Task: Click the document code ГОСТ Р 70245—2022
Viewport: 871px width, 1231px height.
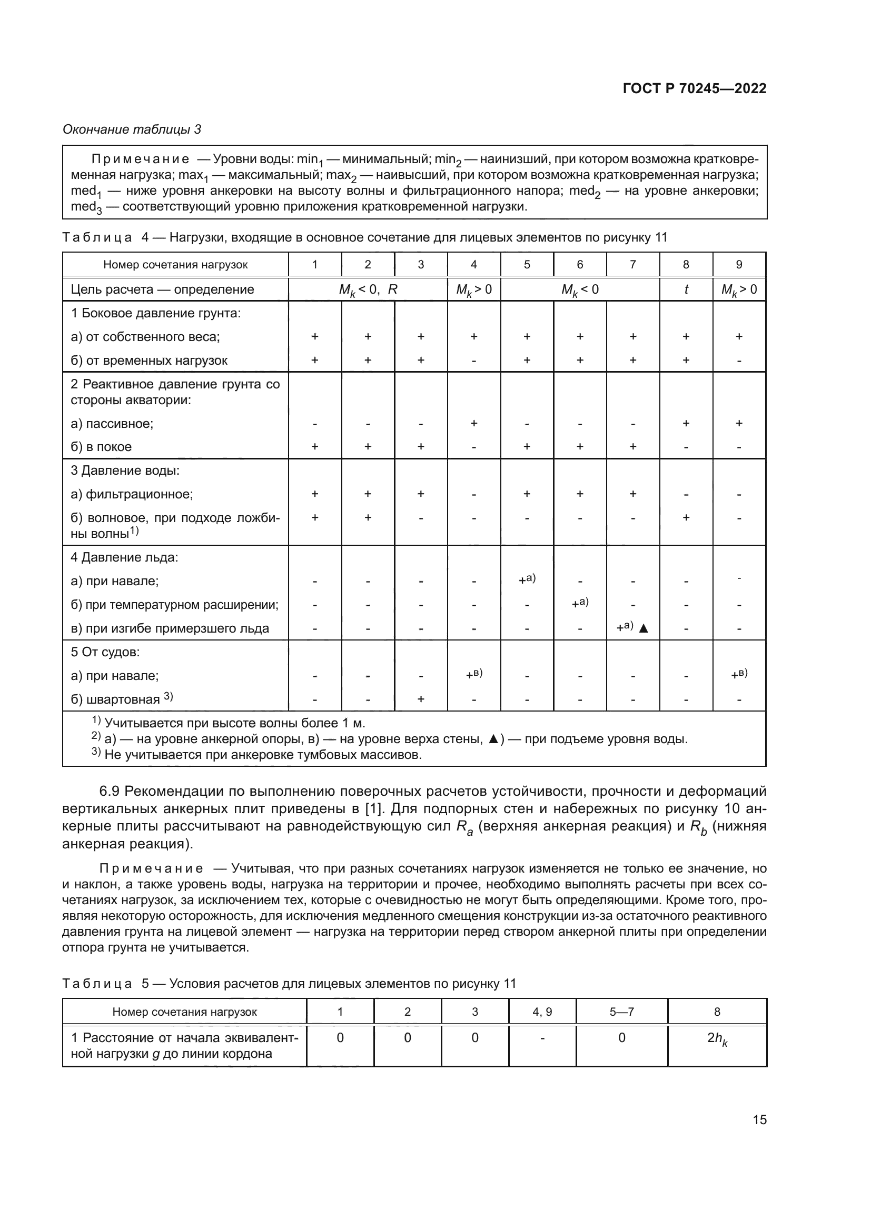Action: point(695,88)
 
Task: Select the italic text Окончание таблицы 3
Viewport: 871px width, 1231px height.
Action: point(132,129)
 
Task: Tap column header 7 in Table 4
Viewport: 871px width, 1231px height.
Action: point(633,264)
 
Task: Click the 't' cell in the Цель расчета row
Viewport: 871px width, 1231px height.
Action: point(686,289)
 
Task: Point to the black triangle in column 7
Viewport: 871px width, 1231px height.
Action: point(644,628)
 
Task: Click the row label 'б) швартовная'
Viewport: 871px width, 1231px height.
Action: point(115,699)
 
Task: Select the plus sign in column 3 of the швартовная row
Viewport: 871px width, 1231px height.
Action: point(421,699)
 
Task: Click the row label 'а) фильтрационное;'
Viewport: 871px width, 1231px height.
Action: point(132,494)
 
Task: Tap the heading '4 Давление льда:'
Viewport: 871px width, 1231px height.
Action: point(124,557)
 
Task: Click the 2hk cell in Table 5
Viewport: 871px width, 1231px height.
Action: point(717,1038)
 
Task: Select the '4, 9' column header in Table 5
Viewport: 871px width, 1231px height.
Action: point(542,1012)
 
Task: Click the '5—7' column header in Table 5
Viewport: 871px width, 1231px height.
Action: point(621,1012)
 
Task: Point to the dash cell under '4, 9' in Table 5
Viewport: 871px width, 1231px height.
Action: point(542,1038)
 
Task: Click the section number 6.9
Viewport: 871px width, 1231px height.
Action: point(110,792)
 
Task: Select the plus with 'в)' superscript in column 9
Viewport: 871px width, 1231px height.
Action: point(739,675)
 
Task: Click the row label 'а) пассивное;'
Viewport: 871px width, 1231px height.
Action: point(112,424)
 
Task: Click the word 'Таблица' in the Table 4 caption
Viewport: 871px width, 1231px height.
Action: point(97,237)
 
